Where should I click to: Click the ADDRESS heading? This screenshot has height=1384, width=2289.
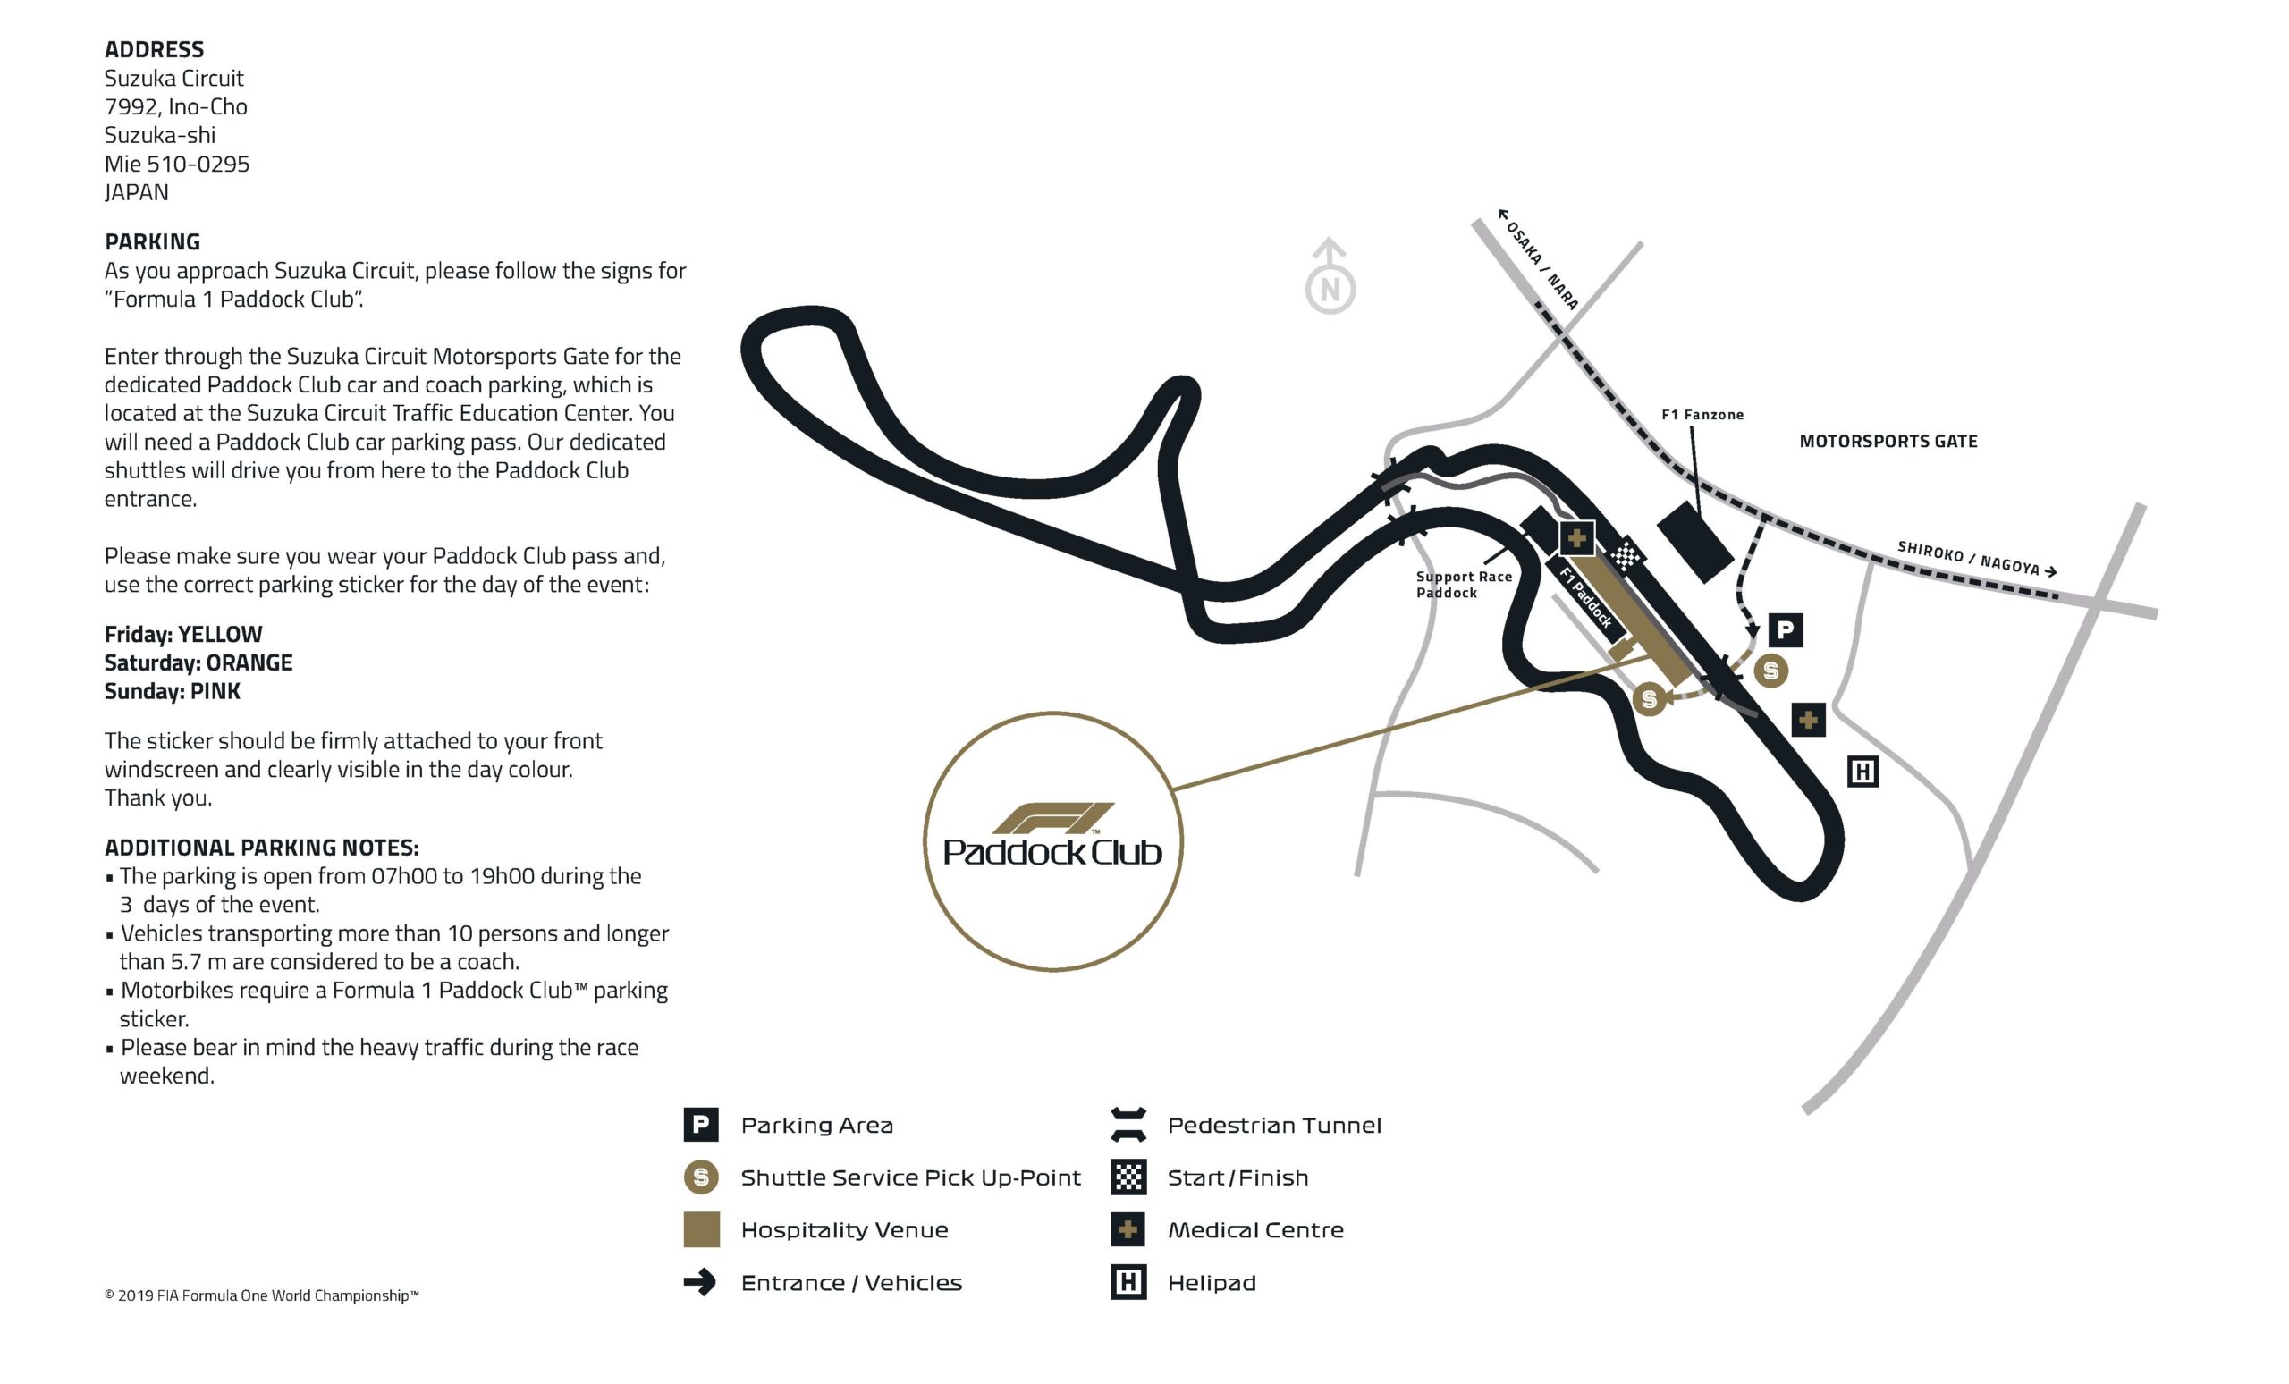[153, 49]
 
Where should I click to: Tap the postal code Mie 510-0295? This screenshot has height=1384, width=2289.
[176, 164]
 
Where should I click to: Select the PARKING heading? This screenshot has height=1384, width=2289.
[152, 241]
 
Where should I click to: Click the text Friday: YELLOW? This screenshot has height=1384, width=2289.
[183, 634]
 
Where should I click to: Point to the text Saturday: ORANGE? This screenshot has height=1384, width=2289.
[198, 662]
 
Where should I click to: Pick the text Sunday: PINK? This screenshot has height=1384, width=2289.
[172, 691]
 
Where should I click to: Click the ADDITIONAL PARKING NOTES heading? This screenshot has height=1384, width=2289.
[261, 848]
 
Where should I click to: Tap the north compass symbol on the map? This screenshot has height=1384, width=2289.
[1330, 279]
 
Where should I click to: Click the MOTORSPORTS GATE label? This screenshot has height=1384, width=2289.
[1888, 441]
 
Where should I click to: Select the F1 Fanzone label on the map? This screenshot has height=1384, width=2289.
[1702, 414]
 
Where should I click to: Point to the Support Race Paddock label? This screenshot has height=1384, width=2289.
[1463, 584]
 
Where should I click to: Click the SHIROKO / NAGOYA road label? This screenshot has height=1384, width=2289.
[1976, 558]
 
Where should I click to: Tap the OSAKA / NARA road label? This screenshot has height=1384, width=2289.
[1540, 259]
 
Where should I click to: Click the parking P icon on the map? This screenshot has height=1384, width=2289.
[1785, 630]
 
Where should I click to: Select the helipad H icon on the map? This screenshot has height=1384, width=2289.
[1862, 771]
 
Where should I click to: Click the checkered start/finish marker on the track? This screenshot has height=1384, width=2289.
[1625, 555]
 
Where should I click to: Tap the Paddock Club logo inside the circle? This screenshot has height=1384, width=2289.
[1052, 837]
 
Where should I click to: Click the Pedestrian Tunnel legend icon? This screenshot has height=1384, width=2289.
[1128, 1125]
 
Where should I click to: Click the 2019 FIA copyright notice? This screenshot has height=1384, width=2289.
[261, 1295]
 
